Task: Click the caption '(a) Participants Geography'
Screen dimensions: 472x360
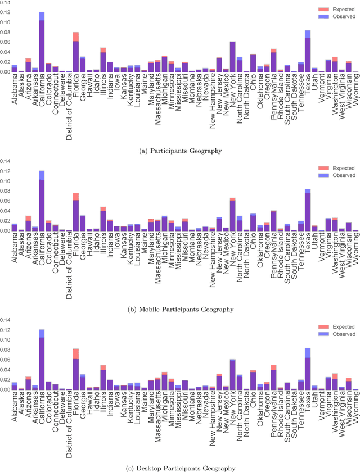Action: click(x=180, y=151)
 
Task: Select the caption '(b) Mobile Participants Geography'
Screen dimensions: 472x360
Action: click(x=180, y=310)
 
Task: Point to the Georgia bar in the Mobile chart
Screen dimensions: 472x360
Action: click(x=83, y=224)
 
